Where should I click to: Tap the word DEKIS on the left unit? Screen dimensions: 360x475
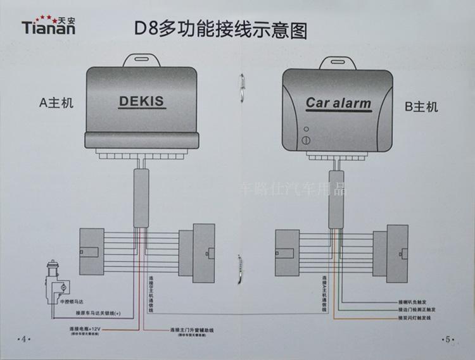point(141,101)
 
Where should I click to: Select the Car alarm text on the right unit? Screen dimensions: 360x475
point(338,102)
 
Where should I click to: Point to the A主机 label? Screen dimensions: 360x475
point(56,102)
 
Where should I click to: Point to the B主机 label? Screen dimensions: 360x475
point(421,107)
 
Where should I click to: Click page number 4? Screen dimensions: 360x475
point(24,338)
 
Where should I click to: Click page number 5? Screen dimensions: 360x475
point(448,338)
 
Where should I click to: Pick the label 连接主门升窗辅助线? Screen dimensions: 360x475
point(193,330)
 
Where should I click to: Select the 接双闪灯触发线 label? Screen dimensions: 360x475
point(418,318)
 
